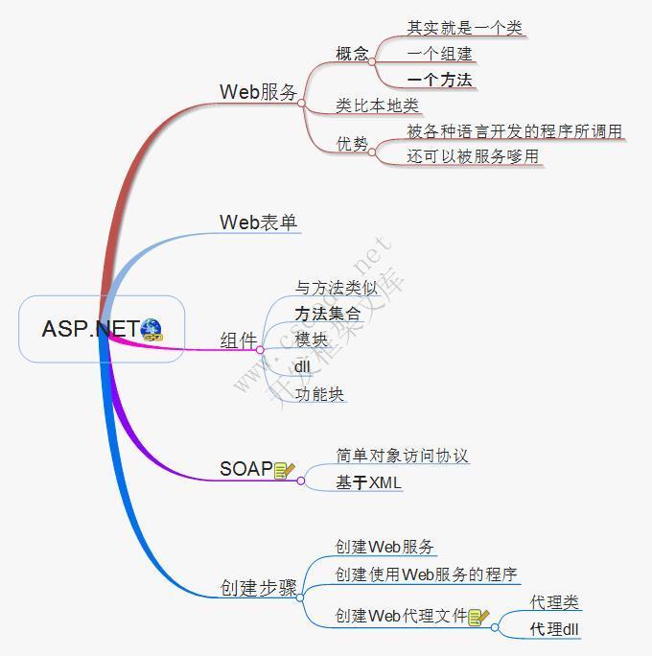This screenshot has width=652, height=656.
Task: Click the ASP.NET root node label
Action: (x=91, y=329)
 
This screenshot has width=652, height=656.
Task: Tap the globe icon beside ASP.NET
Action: (x=151, y=330)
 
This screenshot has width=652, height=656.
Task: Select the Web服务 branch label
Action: (x=259, y=92)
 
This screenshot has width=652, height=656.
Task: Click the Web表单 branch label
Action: (x=259, y=223)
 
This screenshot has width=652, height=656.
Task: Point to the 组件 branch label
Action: (x=239, y=340)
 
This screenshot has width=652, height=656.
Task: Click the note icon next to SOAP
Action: (x=285, y=470)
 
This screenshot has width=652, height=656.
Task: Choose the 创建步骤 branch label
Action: (x=259, y=588)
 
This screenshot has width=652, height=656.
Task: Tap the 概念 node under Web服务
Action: (x=352, y=54)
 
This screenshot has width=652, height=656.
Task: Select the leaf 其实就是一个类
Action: (x=465, y=28)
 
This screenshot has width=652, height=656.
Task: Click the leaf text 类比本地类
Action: (x=377, y=105)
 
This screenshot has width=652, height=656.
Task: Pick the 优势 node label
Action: (x=352, y=144)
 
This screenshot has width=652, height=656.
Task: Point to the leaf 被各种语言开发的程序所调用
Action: (x=514, y=131)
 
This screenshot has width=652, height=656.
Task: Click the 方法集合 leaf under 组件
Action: (x=328, y=314)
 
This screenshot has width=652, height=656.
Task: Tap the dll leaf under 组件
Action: (x=302, y=367)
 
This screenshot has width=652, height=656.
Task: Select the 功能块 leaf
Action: (x=319, y=394)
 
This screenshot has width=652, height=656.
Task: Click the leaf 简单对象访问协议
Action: (x=402, y=456)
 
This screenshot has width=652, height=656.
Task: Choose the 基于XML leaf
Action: (x=368, y=482)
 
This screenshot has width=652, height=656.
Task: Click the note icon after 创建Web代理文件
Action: (x=478, y=617)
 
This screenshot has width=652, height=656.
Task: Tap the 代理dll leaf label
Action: (x=554, y=629)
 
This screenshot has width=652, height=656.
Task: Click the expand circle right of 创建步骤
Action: (x=300, y=597)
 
